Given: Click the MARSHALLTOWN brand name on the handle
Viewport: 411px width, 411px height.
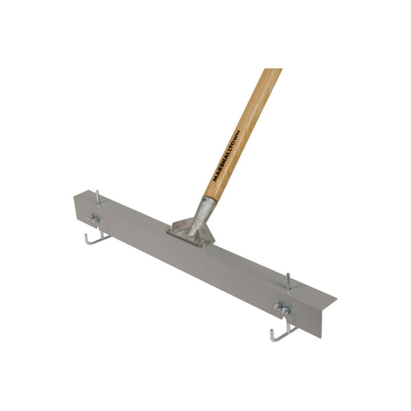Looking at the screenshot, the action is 227,156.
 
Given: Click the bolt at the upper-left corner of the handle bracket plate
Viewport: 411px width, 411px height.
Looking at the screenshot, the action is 171,229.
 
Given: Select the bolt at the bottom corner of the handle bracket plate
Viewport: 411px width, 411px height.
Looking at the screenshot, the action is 202,242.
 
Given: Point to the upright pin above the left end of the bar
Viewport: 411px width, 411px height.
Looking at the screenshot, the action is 98,199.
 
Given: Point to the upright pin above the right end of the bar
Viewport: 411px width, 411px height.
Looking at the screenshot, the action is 288,282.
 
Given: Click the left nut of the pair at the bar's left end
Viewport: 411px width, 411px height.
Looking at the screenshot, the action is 91,217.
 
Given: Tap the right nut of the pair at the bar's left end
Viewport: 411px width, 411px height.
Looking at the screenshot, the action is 96,220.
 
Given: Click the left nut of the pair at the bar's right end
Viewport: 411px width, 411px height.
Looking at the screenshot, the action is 278,306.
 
